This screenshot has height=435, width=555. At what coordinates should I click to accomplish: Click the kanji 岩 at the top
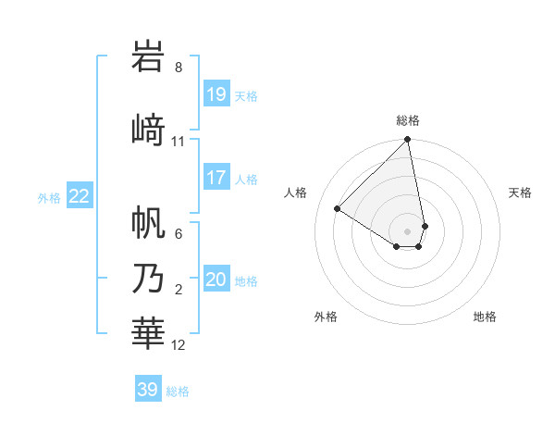tap(149, 58)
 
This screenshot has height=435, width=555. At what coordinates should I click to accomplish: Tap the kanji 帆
tap(149, 222)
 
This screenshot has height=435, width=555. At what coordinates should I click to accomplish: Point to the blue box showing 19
tap(216, 94)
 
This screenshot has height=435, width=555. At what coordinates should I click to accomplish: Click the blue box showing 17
tap(216, 178)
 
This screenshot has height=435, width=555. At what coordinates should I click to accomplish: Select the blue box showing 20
tap(216, 280)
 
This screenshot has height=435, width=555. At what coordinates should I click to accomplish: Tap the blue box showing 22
tap(80, 196)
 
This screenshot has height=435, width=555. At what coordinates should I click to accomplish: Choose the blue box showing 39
tap(148, 390)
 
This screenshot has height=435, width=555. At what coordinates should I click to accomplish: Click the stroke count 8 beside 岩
tap(179, 68)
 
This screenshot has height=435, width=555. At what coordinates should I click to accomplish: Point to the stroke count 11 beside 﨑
tap(179, 142)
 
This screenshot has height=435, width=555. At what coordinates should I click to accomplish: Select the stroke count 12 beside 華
tap(179, 345)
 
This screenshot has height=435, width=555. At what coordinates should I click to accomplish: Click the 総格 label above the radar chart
tap(408, 120)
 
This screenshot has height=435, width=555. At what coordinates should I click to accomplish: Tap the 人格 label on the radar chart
tap(296, 193)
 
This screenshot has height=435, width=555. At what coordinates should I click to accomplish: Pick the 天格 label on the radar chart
tap(521, 193)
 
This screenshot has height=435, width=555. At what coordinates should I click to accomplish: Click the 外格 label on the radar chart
tap(326, 317)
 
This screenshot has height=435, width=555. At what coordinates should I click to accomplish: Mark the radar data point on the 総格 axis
tap(408, 141)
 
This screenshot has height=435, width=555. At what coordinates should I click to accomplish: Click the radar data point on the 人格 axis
tap(338, 208)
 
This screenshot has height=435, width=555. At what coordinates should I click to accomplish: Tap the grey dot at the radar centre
tap(408, 230)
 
